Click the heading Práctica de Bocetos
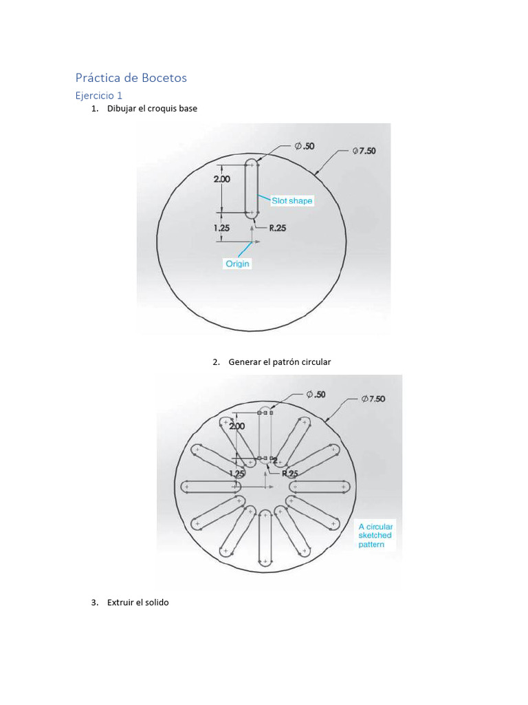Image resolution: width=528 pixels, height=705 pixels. [x=131, y=78]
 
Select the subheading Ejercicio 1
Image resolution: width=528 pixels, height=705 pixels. [x=99, y=96]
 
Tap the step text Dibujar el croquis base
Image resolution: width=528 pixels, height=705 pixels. [x=152, y=109]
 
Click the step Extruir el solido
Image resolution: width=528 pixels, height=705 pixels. [x=137, y=602]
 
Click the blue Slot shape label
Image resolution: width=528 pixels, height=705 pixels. [x=291, y=201]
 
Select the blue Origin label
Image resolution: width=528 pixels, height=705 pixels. [x=238, y=264]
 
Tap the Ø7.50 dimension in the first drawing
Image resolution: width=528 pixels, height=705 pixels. [x=364, y=151]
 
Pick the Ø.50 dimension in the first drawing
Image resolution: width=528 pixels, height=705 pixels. [x=305, y=146]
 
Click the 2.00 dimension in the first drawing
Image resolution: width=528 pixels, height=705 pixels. [x=221, y=178]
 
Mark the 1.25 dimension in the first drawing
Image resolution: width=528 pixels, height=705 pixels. [x=221, y=228]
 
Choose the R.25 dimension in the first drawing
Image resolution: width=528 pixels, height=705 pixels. [x=277, y=229]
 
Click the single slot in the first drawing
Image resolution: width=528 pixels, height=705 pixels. [x=252, y=188]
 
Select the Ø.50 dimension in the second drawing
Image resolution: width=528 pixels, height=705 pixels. [x=316, y=394]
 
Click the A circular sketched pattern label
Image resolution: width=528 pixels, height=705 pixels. [x=375, y=536]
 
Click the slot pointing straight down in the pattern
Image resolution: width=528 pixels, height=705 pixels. [x=265, y=537]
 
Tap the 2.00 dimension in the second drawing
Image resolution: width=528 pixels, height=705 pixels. [x=236, y=426]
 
